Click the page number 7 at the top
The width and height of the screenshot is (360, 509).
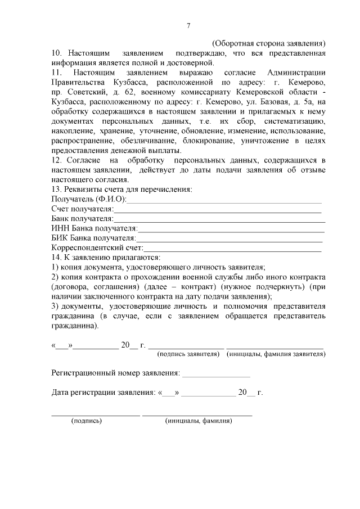(188, 25)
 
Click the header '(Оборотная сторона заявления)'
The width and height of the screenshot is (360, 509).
(268, 43)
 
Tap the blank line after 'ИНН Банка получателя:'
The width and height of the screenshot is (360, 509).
(231, 229)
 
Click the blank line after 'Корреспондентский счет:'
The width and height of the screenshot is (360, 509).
(232, 248)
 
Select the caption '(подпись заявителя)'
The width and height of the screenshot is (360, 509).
(188, 354)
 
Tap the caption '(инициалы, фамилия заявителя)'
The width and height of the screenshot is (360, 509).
(276, 354)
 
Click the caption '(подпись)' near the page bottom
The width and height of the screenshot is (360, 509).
(86, 420)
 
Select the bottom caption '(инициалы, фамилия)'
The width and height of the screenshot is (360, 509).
(198, 420)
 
